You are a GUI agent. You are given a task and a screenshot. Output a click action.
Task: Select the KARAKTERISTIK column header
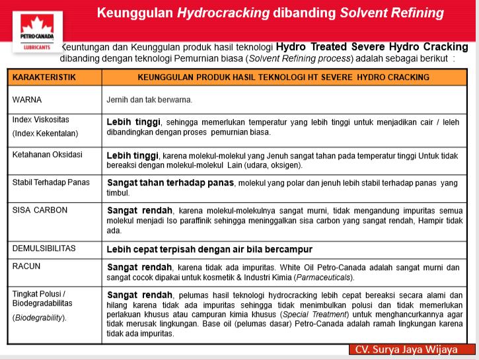pyautogui.click(x=44, y=77)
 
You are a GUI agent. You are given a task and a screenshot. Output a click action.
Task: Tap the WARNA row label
pyautogui.click(x=27, y=100)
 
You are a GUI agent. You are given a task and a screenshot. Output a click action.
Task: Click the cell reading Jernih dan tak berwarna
pyautogui.click(x=149, y=100)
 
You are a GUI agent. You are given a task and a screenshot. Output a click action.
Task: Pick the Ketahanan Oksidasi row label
pyautogui.click(x=48, y=155)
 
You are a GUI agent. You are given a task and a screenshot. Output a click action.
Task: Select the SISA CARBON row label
pyautogui.click(x=41, y=209)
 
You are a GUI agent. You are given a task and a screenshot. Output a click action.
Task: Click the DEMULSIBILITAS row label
pyautogui.click(x=44, y=249)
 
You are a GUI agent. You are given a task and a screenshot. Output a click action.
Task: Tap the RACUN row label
pyautogui.click(x=27, y=266)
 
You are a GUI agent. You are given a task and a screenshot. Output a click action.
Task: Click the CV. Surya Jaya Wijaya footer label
pyautogui.click(x=406, y=349)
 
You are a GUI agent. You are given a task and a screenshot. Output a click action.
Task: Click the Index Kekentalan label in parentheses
pyautogui.click(x=45, y=133)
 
